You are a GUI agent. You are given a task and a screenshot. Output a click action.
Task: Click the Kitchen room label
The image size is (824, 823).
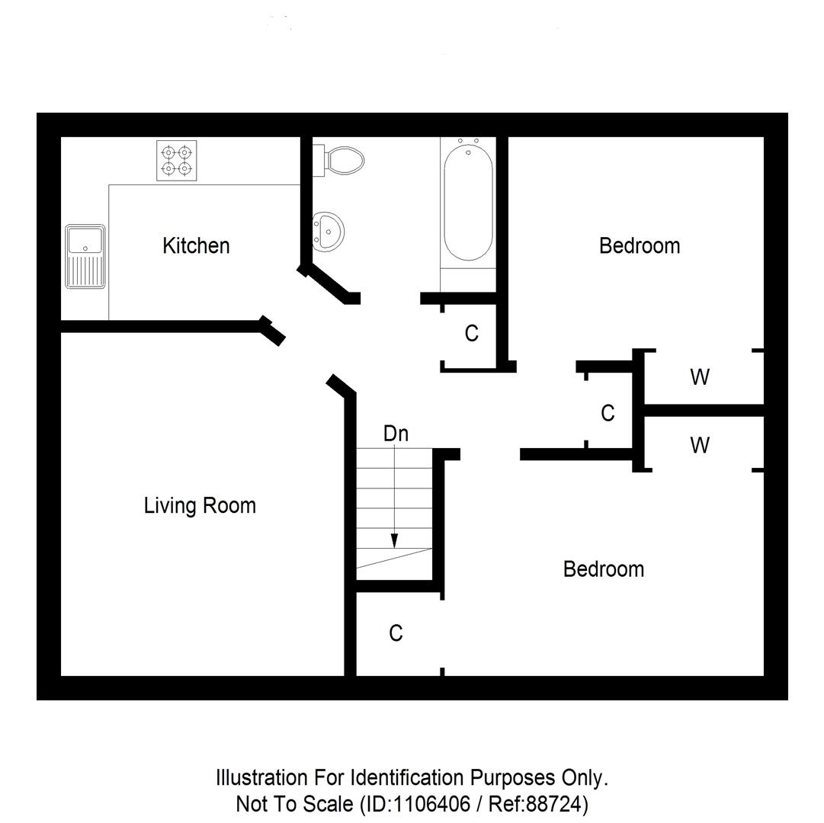point(196,245)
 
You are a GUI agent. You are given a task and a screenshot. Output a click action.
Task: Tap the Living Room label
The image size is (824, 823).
point(200,505)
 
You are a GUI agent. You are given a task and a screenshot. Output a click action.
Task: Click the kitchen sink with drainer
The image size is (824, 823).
point(85,256)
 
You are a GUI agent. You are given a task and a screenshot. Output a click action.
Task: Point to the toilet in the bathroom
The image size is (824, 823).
point(343,160)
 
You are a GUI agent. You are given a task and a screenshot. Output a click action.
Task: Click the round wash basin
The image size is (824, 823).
point(329,230)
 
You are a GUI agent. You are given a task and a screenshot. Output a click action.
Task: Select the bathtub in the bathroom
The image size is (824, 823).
point(468,203)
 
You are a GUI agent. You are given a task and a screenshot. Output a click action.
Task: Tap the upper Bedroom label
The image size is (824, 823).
point(640,245)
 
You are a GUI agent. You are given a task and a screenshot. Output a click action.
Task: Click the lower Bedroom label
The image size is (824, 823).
point(603,568)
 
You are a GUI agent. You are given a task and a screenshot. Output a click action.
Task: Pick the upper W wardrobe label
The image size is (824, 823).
point(700,376)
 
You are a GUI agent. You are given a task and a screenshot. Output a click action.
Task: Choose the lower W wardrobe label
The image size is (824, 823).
point(700,445)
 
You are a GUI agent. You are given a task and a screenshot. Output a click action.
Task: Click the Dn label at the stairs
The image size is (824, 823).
point(396,434)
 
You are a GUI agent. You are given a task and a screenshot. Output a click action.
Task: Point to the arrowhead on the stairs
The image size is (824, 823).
point(394,540)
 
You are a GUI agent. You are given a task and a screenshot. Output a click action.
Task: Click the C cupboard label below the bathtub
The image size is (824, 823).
point(471,333)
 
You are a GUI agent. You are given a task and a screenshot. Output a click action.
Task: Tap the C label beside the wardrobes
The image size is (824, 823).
point(608,413)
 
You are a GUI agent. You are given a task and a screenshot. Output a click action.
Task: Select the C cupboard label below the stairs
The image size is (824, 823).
point(396,633)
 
